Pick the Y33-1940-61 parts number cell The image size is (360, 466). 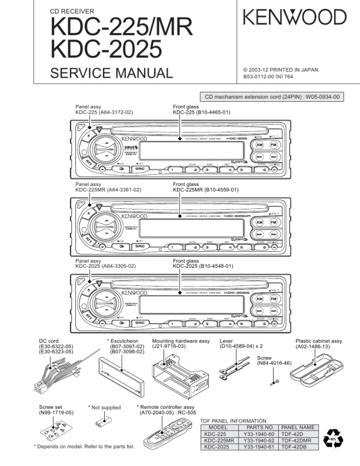(x=259, y=447)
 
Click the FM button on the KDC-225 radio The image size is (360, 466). (x=274, y=144)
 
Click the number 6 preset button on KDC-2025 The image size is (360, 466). (x=265, y=322)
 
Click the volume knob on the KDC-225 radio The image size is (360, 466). (x=105, y=150)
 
